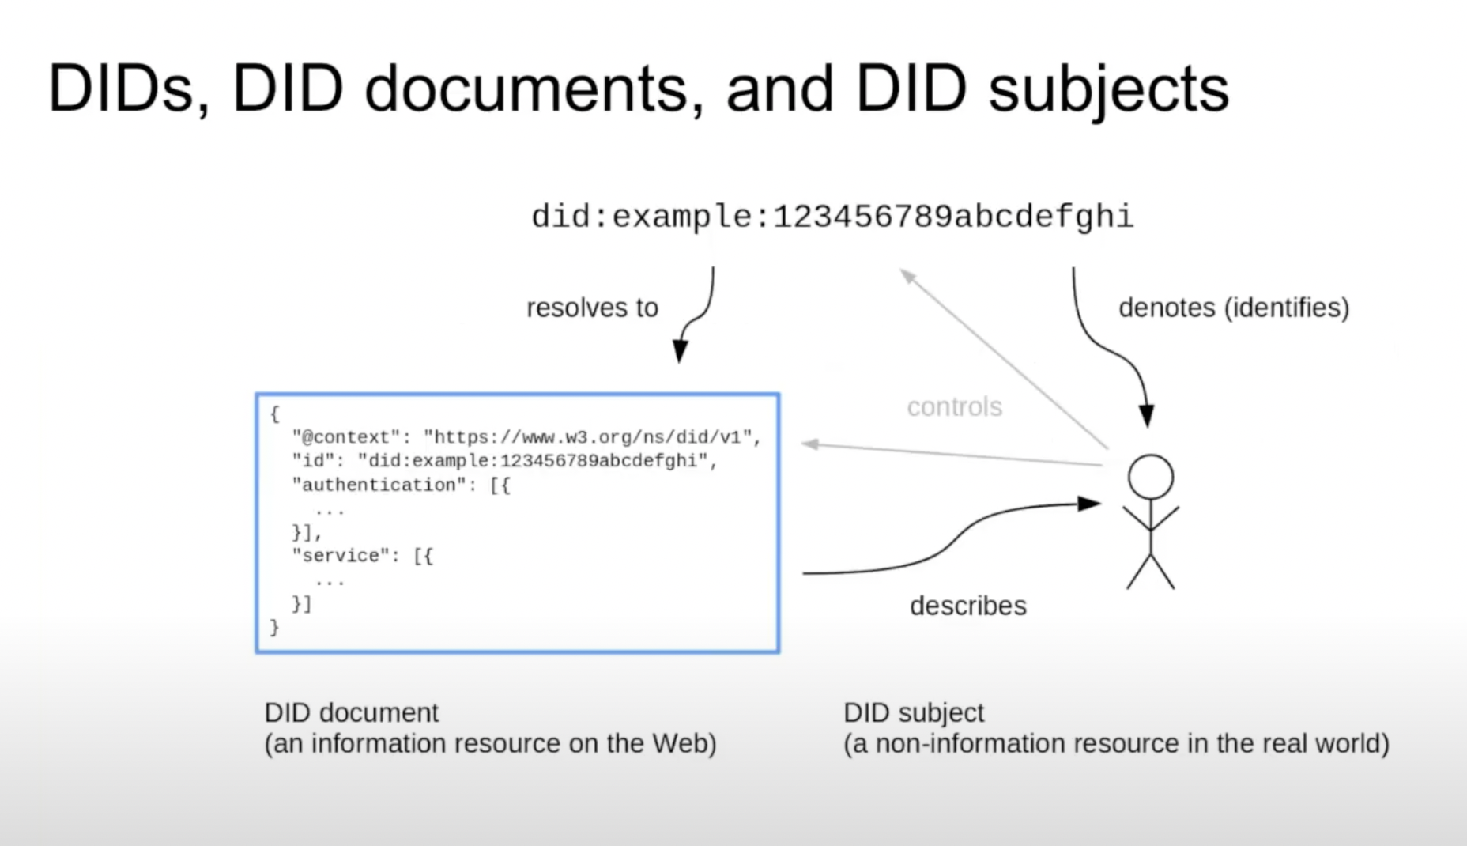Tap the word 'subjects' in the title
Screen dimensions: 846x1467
pyautogui.click(x=1108, y=89)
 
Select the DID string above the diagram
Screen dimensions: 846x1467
pyautogui.click(x=832, y=217)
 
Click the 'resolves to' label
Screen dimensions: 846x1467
pyautogui.click(x=592, y=308)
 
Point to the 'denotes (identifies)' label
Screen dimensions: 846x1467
pyautogui.click(x=1234, y=308)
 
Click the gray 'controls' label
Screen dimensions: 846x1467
pyautogui.click(x=954, y=407)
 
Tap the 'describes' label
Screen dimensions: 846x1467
pyautogui.click(x=968, y=606)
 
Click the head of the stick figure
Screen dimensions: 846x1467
pyautogui.click(x=1151, y=477)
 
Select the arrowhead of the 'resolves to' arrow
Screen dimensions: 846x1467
pyautogui.click(x=680, y=352)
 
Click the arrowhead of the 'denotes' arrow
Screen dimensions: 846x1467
pyautogui.click(x=1146, y=416)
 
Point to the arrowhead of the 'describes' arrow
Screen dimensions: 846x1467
pyautogui.click(x=1090, y=504)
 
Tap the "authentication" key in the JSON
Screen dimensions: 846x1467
pyautogui.click(x=379, y=485)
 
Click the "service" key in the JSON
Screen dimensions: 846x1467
pyautogui.click(x=341, y=556)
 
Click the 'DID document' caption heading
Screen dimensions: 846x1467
pyautogui.click(x=351, y=712)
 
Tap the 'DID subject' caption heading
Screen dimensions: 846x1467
pyautogui.click(x=914, y=712)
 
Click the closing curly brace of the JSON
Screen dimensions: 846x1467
pyautogui.click(x=274, y=628)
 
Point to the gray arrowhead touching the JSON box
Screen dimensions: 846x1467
pyautogui.click(x=809, y=444)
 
